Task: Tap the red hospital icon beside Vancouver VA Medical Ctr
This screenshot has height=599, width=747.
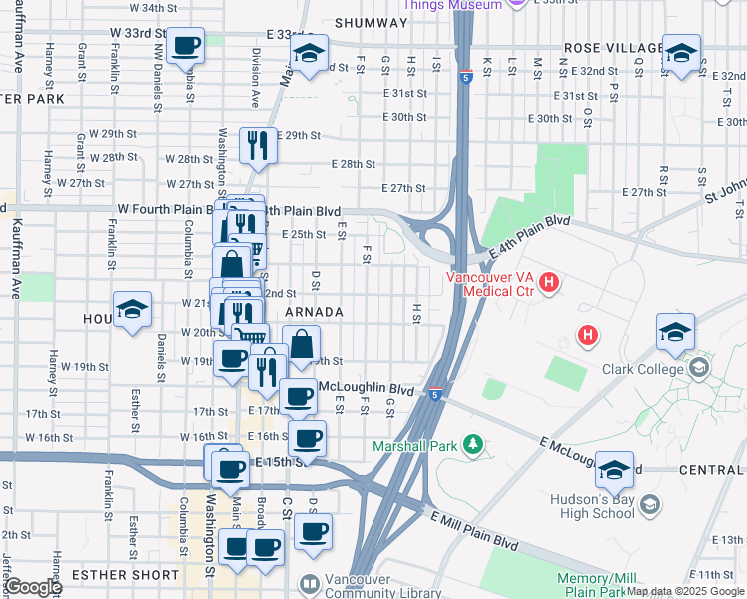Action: click(549, 284)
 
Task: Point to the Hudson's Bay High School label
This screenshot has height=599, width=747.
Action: click(592, 505)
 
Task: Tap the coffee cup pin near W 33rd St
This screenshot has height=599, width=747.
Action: click(186, 47)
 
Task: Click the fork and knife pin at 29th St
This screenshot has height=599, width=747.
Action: click(257, 145)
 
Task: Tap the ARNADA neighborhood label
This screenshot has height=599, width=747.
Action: click(314, 312)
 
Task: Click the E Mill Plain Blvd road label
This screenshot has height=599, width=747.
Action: click(474, 531)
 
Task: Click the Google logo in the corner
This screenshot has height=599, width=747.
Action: click(32, 587)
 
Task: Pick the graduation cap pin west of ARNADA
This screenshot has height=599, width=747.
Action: click(132, 309)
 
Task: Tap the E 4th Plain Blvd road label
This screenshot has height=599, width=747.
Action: click(529, 232)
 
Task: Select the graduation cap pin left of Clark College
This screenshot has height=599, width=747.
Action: click(675, 333)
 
